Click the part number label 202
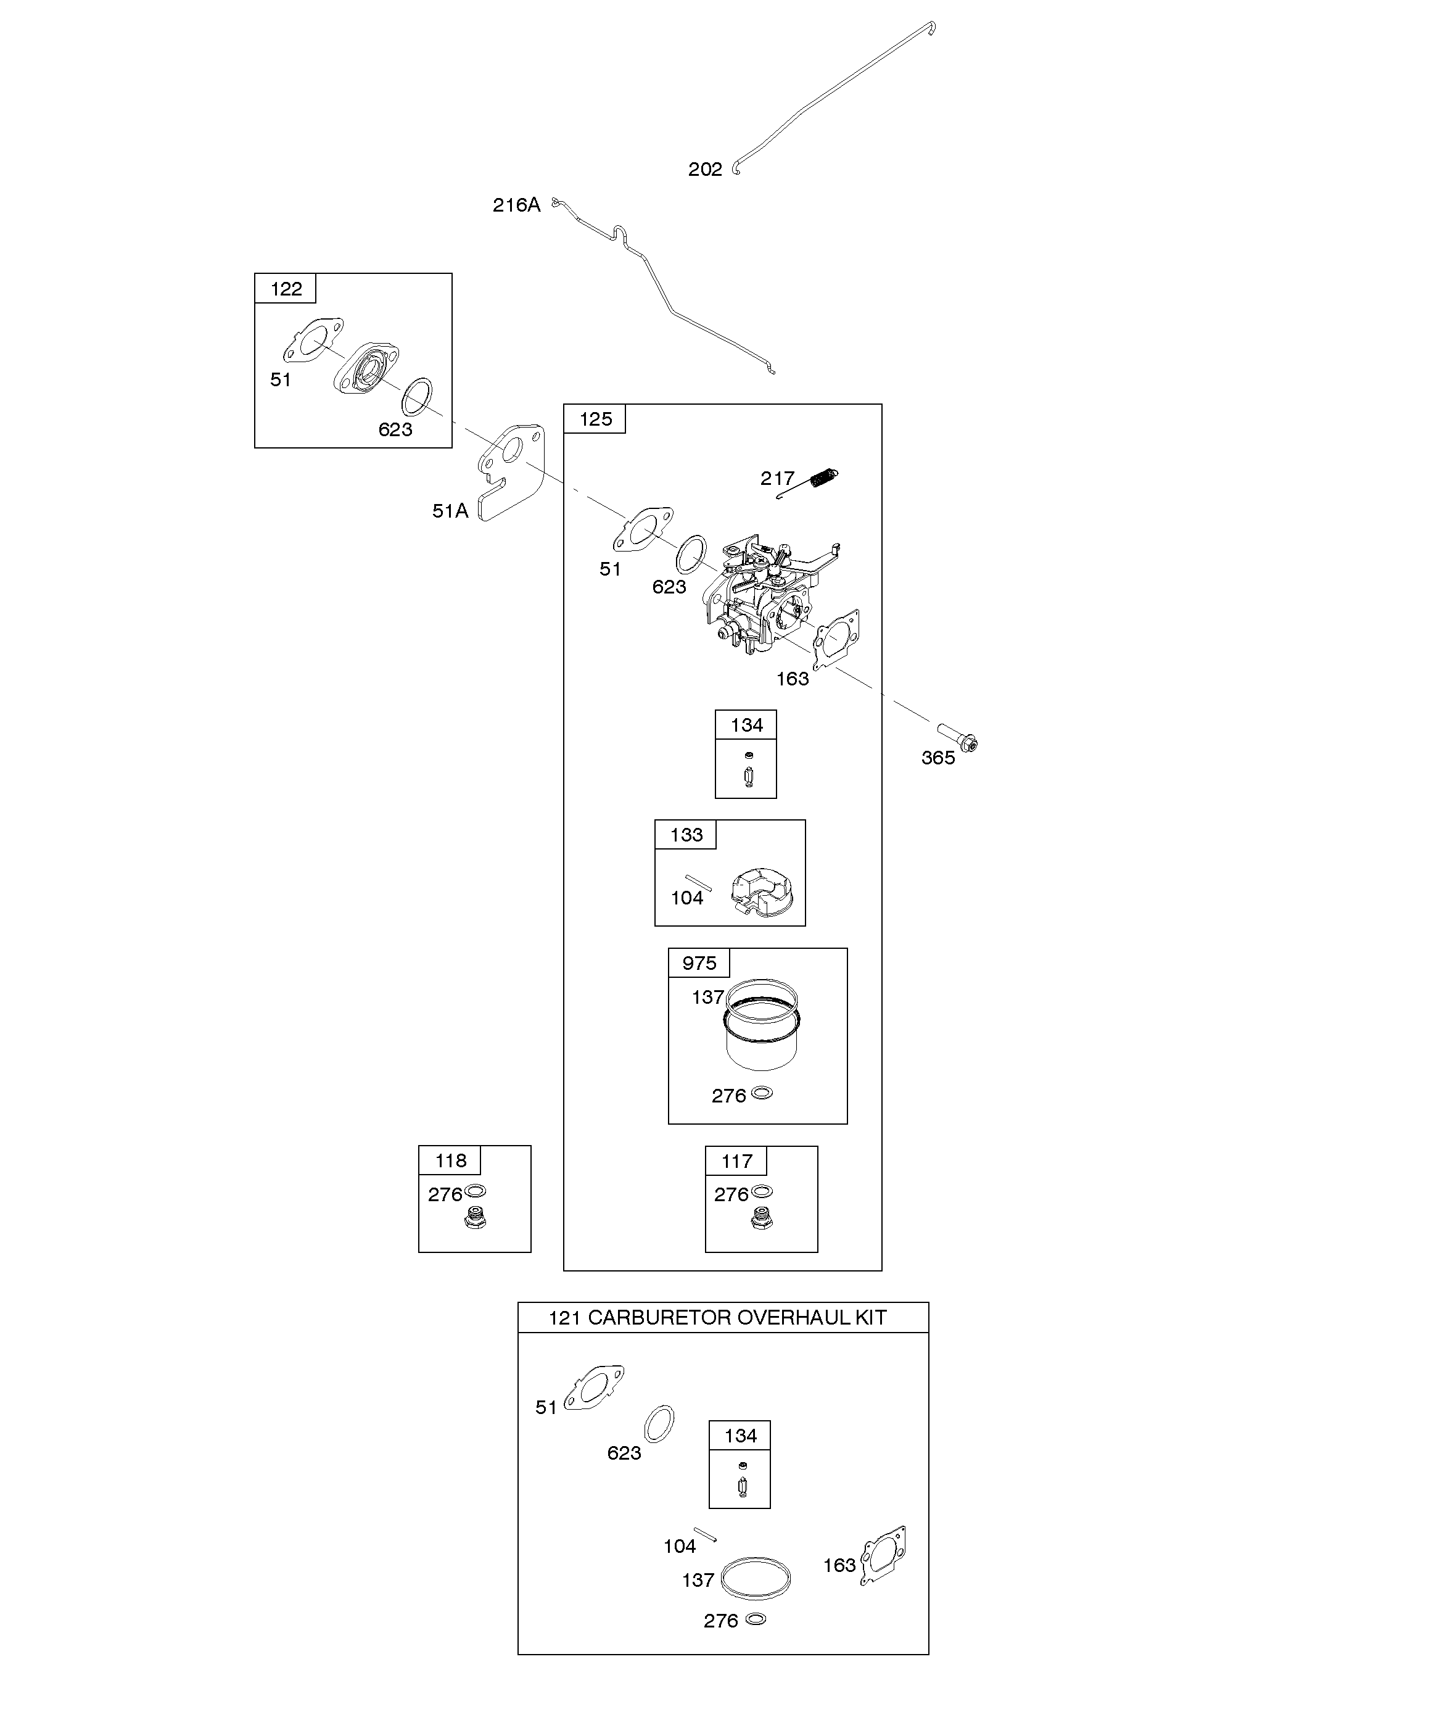705,169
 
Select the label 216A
516,205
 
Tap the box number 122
286,289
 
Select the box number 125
595,419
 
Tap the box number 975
699,963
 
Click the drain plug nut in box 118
474,1220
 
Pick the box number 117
737,1161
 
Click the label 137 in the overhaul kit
698,1580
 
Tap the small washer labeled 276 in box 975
762,1093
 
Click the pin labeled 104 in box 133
699,883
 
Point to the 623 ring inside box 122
418,397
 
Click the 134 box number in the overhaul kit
740,1436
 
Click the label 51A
450,511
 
